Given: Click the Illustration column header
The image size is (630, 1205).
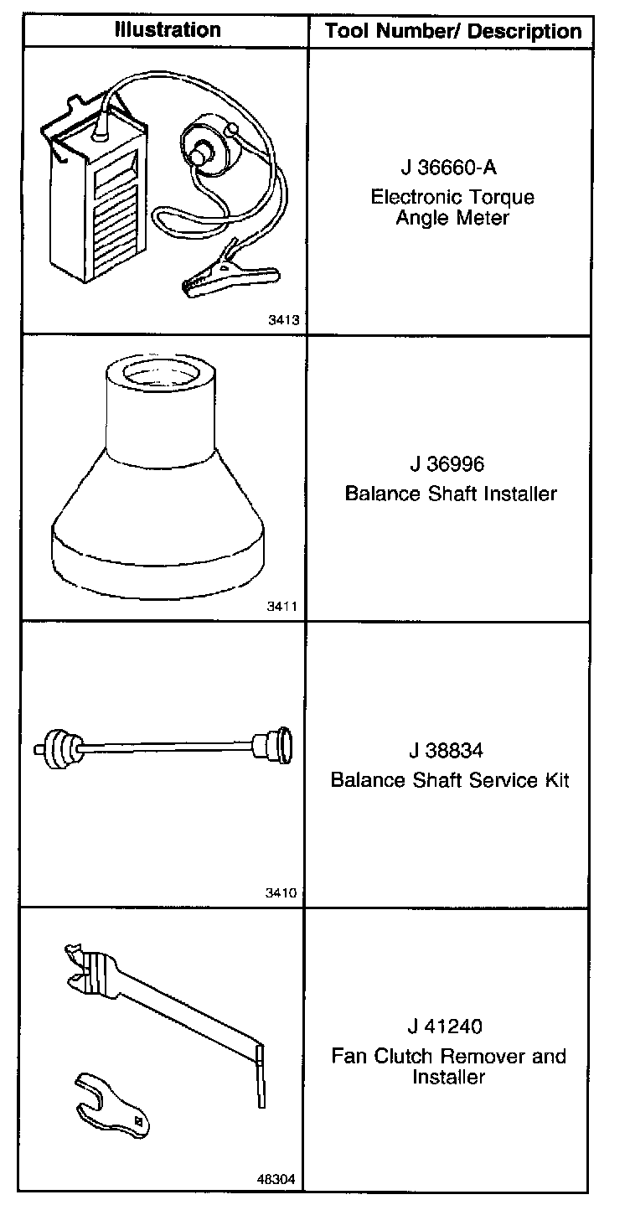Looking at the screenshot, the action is coord(168,30).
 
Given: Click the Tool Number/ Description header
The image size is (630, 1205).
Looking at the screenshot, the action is coord(453,32).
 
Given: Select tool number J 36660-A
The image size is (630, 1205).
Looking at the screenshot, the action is coord(448,168).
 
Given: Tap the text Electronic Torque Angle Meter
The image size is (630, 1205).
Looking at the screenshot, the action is coord(452,208).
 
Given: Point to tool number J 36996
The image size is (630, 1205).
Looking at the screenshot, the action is coord(448,463).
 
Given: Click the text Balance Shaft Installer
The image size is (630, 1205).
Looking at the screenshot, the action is coord(451,494).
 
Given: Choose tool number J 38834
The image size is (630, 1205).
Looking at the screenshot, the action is coord(448,750).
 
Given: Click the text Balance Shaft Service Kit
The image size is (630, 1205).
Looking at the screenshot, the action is coord(450,780).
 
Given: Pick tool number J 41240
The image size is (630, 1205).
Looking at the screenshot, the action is coord(448,1026).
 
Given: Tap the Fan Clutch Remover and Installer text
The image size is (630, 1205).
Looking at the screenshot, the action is coord(449,1066).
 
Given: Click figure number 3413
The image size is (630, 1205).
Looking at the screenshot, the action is coord(286,319).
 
